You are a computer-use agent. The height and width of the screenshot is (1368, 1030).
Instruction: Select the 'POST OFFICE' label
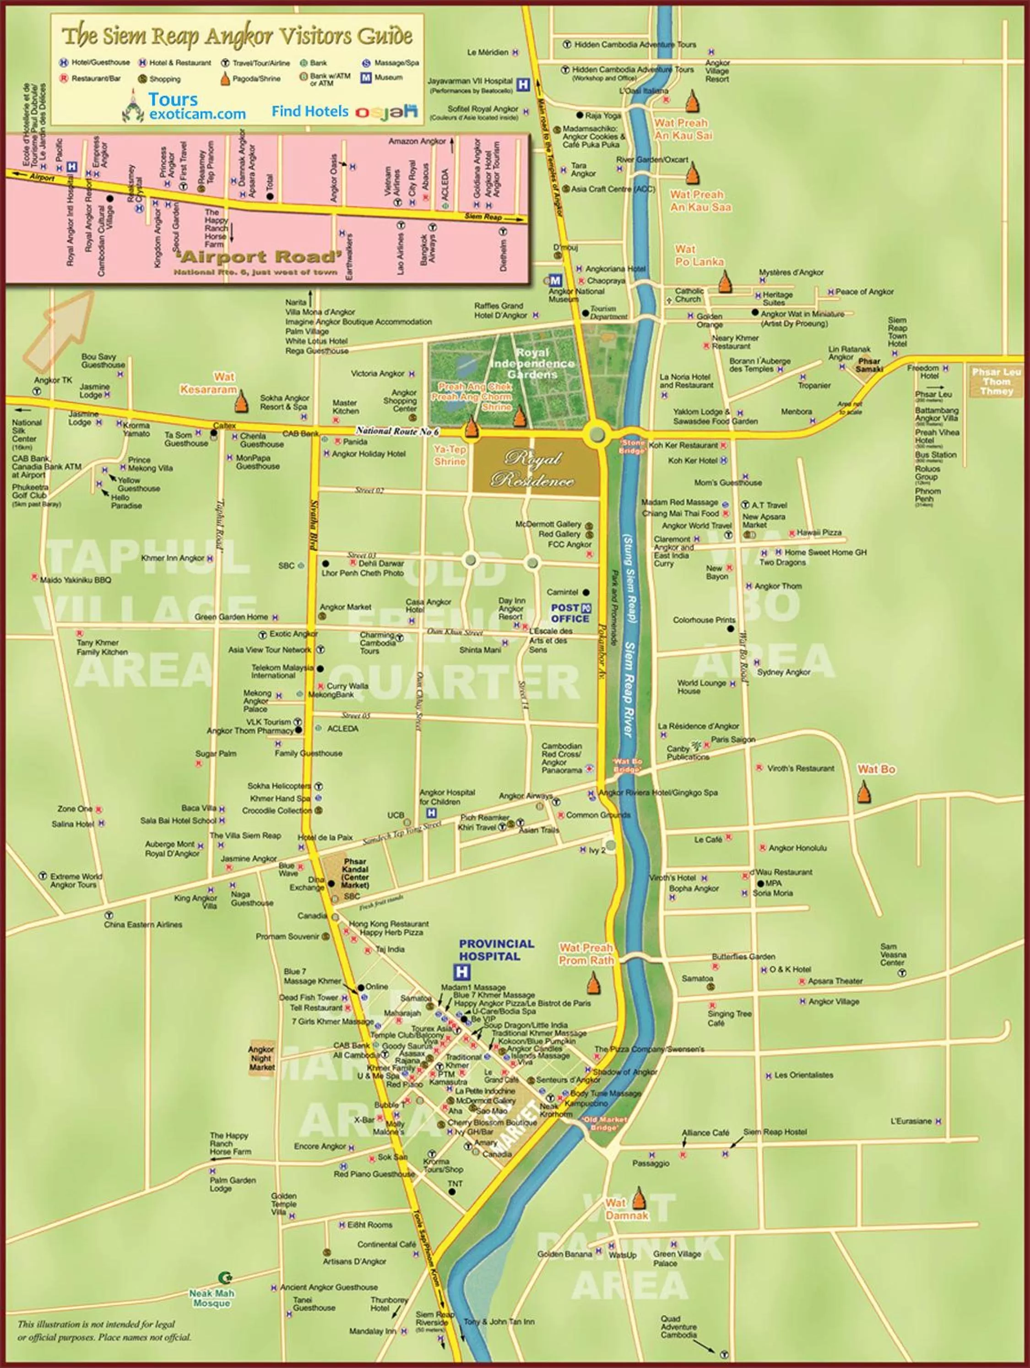click(x=570, y=613)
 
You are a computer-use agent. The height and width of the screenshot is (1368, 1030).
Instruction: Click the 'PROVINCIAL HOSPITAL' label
click(x=496, y=950)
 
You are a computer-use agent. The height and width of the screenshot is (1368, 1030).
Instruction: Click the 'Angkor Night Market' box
click(x=261, y=1057)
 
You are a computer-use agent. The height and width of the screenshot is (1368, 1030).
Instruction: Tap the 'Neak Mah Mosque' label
click(x=211, y=1298)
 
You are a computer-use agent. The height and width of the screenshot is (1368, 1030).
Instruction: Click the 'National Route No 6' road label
click(x=397, y=431)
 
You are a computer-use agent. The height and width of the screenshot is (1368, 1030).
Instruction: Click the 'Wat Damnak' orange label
click(x=626, y=1209)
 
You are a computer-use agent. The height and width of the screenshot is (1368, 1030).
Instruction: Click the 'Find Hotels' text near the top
click(x=310, y=111)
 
